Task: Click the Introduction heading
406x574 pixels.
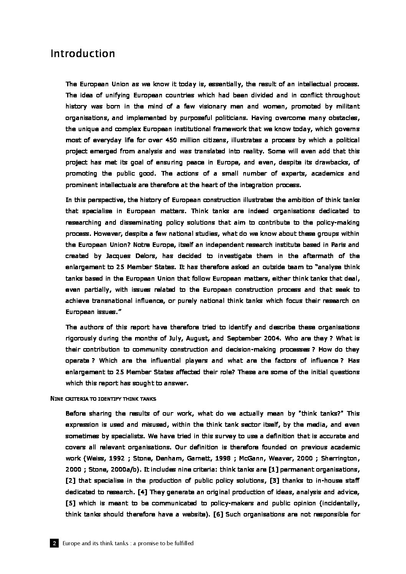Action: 83,53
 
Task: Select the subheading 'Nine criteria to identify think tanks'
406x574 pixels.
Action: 103,399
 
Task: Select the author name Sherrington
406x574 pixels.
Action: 339,458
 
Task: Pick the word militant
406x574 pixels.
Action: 347,106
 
